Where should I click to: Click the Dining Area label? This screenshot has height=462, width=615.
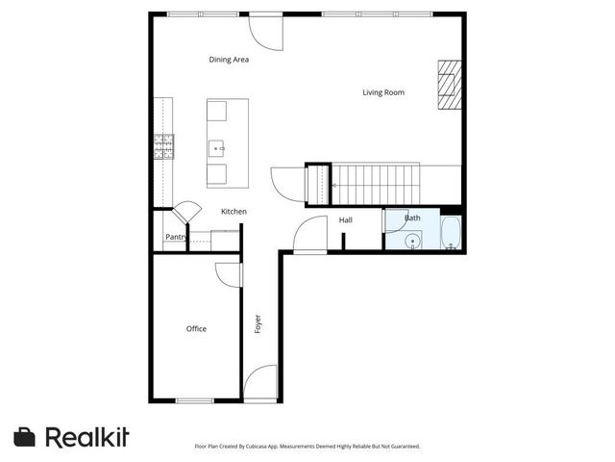coord(229,60)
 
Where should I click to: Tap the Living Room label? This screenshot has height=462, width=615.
coord(382,93)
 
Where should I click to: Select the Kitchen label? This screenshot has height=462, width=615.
coord(234,212)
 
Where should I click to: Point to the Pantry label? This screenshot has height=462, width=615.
coord(176,237)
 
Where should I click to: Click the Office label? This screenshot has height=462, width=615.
coord(196,329)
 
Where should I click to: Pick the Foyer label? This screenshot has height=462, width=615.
coord(258,324)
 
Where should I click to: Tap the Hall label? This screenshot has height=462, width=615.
coord(346,220)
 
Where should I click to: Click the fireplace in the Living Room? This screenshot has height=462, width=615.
coord(449,88)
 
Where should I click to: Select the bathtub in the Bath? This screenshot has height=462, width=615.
coord(451,233)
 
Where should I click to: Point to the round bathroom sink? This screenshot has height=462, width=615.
coord(413,241)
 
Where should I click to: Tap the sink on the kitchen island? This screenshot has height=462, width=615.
coord(217,148)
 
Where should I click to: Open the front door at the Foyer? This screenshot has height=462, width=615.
coord(260,385)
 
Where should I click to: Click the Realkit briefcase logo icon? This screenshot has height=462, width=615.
coord(25,437)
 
